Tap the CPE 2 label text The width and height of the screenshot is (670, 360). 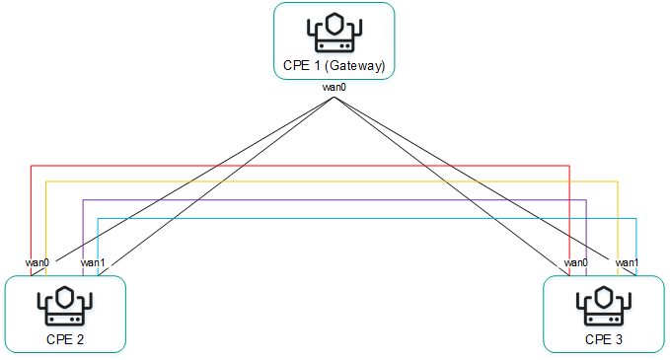[x=66, y=339]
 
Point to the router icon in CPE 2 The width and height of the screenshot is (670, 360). [x=66, y=306]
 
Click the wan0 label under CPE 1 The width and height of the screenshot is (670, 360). [x=335, y=88]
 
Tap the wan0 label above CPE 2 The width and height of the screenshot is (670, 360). [x=37, y=262]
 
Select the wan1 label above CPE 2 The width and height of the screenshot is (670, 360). [x=92, y=262]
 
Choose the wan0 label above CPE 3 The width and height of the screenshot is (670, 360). [x=576, y=262]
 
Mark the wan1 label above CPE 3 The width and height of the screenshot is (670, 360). [x=628, y=262]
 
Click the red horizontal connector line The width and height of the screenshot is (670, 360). [x=296, y=166]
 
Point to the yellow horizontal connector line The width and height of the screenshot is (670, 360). [x=296, y=182]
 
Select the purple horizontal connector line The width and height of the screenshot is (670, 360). [x=296, y=200]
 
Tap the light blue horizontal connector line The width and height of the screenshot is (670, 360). [x=296, y=218]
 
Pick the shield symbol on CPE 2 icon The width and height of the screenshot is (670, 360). [x=66, y=298]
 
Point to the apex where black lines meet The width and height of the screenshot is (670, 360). [x=335, y=96]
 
